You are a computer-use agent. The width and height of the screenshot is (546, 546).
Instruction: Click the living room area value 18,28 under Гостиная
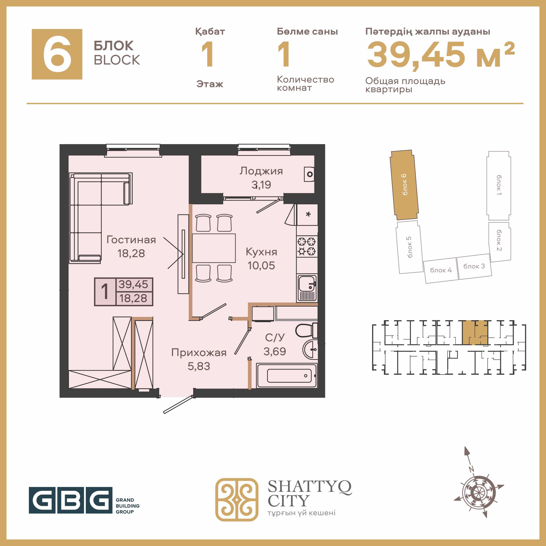pos(131,254)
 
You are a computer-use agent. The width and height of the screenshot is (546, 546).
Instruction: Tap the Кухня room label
pos(261,252)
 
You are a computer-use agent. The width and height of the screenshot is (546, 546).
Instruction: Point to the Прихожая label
pos(199,353)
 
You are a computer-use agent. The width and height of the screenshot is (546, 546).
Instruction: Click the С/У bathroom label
pos(275,337)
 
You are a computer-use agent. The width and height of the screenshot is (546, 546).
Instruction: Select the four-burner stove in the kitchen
pos(307,246)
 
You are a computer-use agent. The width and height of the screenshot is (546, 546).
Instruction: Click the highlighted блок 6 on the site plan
pos(404,185)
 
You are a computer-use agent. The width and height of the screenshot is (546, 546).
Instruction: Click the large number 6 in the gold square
pos(57,54)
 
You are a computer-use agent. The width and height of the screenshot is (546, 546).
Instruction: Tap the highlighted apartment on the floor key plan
pos(475,333)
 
